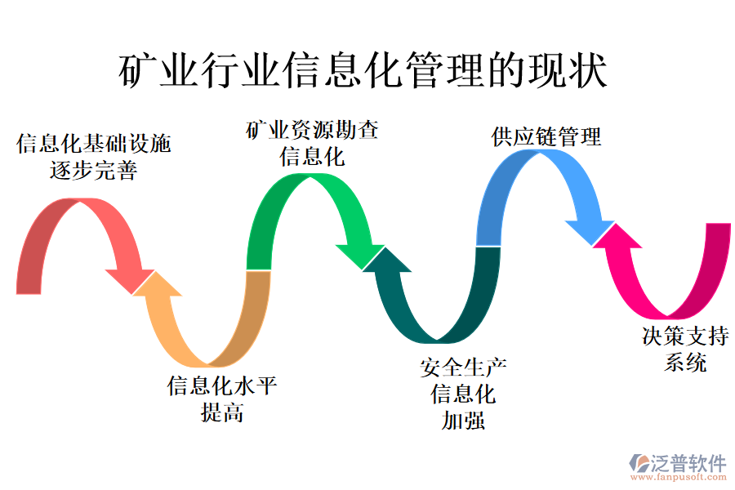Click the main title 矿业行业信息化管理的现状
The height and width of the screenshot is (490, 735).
pos(363,73)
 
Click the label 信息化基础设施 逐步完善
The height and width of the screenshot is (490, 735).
pos(94,158)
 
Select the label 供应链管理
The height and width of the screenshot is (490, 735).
pos(546,136)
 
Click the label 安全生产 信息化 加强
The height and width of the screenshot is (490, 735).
pos(463,394)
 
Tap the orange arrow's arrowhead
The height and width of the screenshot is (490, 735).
pos(163,290)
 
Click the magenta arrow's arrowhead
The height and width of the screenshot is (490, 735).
pos(618,240)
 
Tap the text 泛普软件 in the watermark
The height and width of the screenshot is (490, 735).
pos(688,461)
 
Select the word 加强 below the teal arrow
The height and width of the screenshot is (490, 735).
pos(463,421)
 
